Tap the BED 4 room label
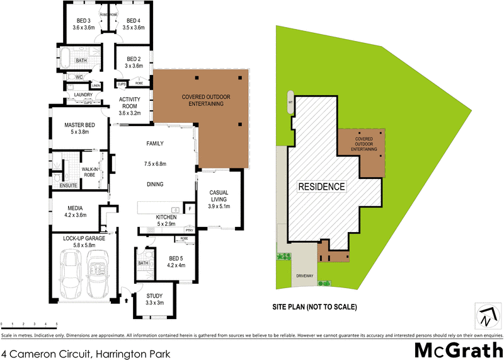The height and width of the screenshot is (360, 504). coord(134,24)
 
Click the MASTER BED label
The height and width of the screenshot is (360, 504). coord(79,129)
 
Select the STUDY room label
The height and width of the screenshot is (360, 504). coord(154,299)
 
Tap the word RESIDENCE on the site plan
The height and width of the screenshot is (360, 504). coord(321,187)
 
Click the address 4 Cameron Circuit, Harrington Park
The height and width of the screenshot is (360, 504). coord(86,354)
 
